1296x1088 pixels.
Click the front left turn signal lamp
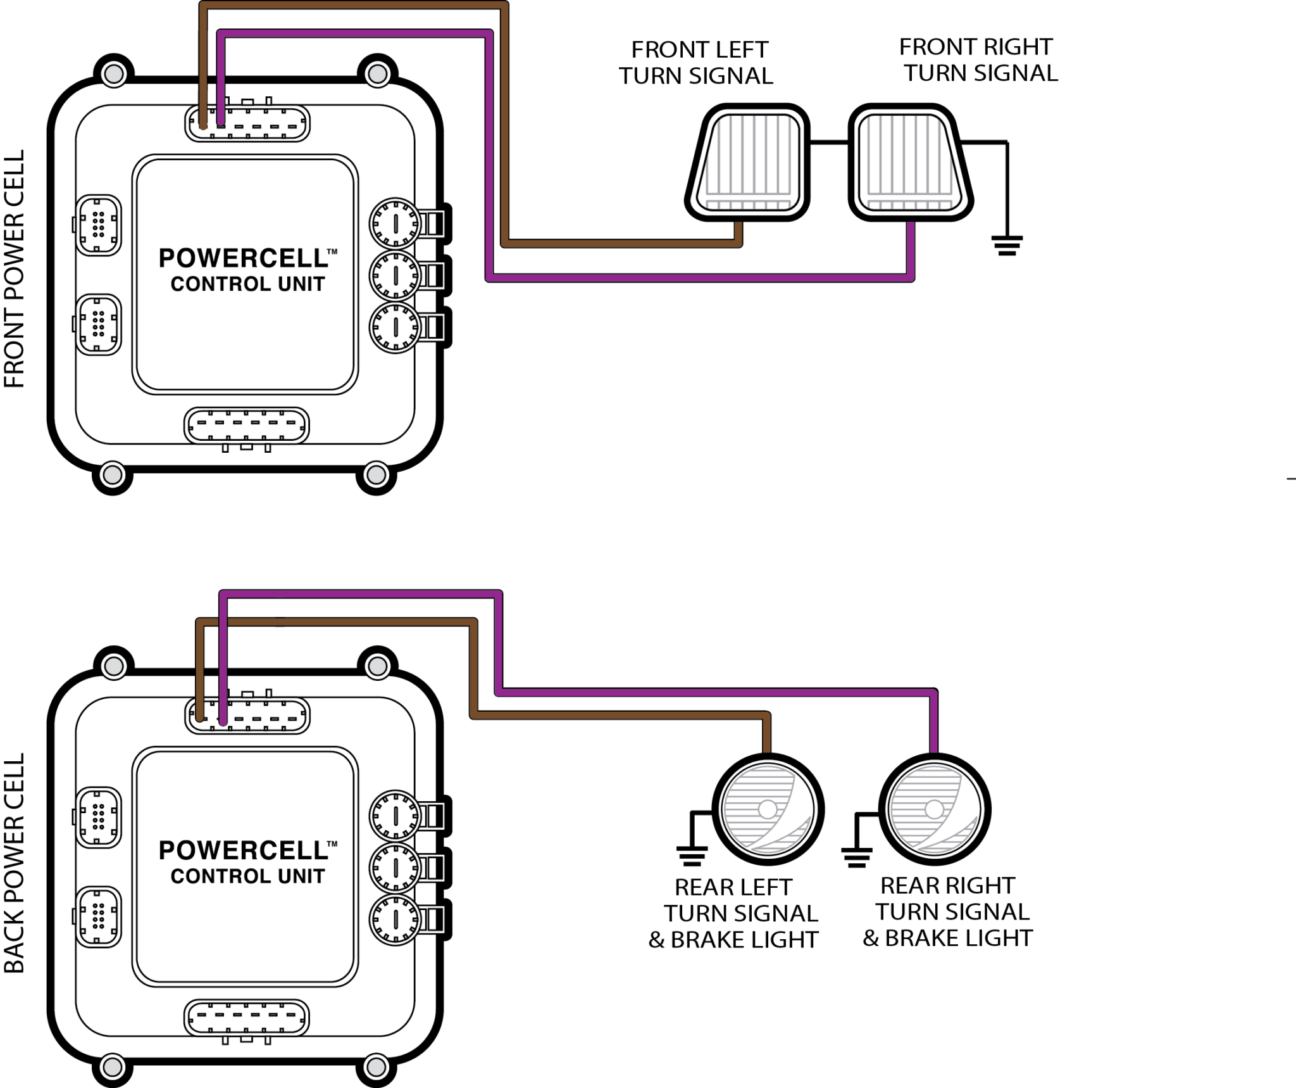click(x=748, y=162)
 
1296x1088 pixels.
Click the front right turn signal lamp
click(x=910, y=162)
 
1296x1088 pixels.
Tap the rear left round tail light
click(x=768, y=809)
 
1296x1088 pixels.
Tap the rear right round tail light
click(x=935, y=809)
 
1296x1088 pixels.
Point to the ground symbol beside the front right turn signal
click(x=1007, y=244)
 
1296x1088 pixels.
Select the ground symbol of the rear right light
click(x=856, y=856)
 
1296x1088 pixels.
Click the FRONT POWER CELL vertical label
click(x=14, y=269)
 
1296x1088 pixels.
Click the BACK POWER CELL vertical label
click(x=14, y=863)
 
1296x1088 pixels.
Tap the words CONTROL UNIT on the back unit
click(x=247, y=876)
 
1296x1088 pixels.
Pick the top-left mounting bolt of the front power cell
click(x=113, y=74)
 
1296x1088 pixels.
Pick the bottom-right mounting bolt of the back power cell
click(x=377, y=1066)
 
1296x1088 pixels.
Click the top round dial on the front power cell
click(x=396, y=223)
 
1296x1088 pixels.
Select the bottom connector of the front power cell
click(x=247, y=426)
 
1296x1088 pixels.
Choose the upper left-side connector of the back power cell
click(x=98, y=817)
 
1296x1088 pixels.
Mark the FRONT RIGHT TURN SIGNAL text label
click(x=978, y=60)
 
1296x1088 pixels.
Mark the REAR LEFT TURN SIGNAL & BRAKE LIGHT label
click(x=734, y=913)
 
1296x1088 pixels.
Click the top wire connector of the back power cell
click(x=247, y=716)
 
